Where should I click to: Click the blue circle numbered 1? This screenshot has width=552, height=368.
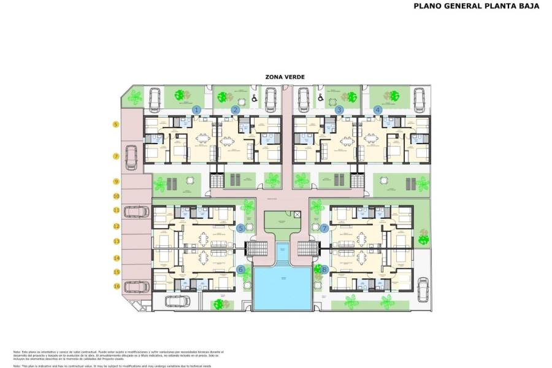[196, 110]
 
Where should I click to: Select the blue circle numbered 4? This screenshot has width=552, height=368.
[378, 110]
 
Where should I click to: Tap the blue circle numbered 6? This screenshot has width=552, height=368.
[241, 269]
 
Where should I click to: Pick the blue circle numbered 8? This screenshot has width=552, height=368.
[324, 269]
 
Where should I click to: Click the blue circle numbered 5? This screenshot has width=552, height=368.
[241, 228]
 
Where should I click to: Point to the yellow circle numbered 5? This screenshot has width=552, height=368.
[115, 125]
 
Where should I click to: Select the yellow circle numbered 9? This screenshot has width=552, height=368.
[115, 182]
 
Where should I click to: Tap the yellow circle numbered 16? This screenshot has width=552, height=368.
[115, 286]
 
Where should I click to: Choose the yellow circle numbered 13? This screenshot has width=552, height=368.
[115, 242]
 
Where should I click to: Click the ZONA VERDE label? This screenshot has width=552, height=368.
[285, 77]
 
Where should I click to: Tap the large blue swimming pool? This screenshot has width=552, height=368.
[282, 287]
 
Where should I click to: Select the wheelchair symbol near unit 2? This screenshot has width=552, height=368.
[254, 98]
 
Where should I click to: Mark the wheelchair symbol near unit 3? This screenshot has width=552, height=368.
[319, 98]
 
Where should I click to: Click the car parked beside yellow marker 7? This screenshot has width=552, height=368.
[131, 157]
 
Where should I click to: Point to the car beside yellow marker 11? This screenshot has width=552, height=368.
[136, 212]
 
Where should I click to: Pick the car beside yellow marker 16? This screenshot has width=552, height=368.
[136, 286]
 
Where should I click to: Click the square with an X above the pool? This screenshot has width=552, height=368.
[297, 215]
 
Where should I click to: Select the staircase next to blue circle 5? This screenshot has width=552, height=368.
[256, 248]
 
